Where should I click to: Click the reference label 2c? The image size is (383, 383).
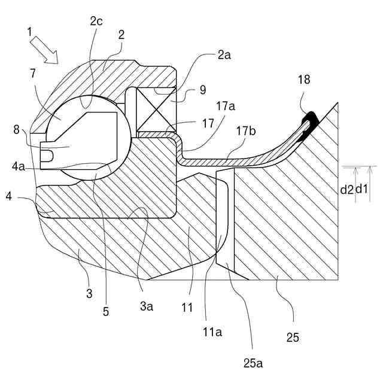[96, 21]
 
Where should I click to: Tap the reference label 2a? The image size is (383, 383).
[224, 55]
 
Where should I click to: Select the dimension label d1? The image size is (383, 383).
[363, 190]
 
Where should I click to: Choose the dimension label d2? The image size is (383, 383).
[346, 190]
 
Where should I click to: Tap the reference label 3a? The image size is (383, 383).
[147, 307]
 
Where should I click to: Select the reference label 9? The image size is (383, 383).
[203, 92]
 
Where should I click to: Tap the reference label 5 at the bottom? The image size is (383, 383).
[105, 311]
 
